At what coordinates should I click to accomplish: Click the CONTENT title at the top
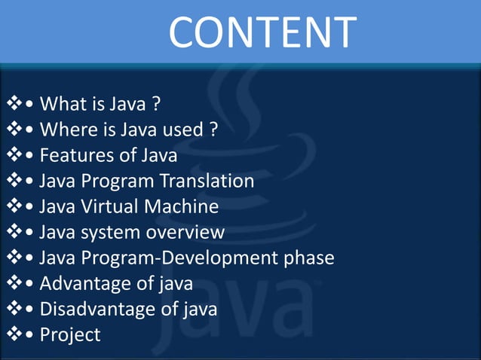pos(262,32)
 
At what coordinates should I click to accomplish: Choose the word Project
pos(70,335)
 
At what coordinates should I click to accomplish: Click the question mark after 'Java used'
pos(213,130)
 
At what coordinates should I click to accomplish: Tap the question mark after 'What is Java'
pos(155,103)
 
